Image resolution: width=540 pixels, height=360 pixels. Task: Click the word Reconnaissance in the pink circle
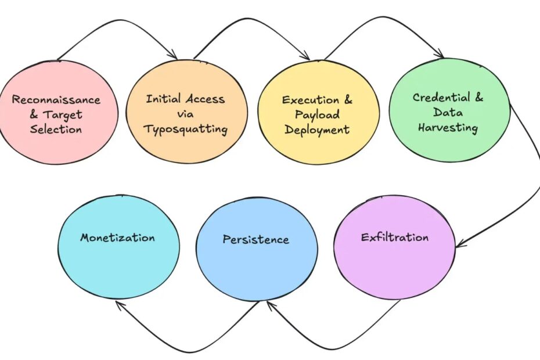point(56,99)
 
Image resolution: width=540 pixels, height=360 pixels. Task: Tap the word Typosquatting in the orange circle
point(186,129)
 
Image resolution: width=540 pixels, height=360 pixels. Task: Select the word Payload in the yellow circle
point(317,115)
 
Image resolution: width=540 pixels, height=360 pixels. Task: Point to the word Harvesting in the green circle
point(448,128)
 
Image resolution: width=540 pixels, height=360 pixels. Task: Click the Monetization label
point(117,237)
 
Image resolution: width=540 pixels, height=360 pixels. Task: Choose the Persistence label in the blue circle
point(256,239)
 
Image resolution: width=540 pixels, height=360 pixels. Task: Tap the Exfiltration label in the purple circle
point(395,237)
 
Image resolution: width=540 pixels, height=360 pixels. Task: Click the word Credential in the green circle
point(441,98)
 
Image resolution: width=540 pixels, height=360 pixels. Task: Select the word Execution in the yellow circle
point(311,100)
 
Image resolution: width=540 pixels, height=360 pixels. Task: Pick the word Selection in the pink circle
point(56,129)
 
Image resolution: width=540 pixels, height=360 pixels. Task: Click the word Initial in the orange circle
point(163,99)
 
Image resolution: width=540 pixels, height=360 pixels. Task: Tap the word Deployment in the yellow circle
point(317,130)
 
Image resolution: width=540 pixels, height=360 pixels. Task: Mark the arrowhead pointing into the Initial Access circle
point(173,55)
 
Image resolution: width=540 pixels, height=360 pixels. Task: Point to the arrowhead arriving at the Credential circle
point(439,53)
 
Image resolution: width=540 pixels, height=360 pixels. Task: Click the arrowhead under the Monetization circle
point(120,305)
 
